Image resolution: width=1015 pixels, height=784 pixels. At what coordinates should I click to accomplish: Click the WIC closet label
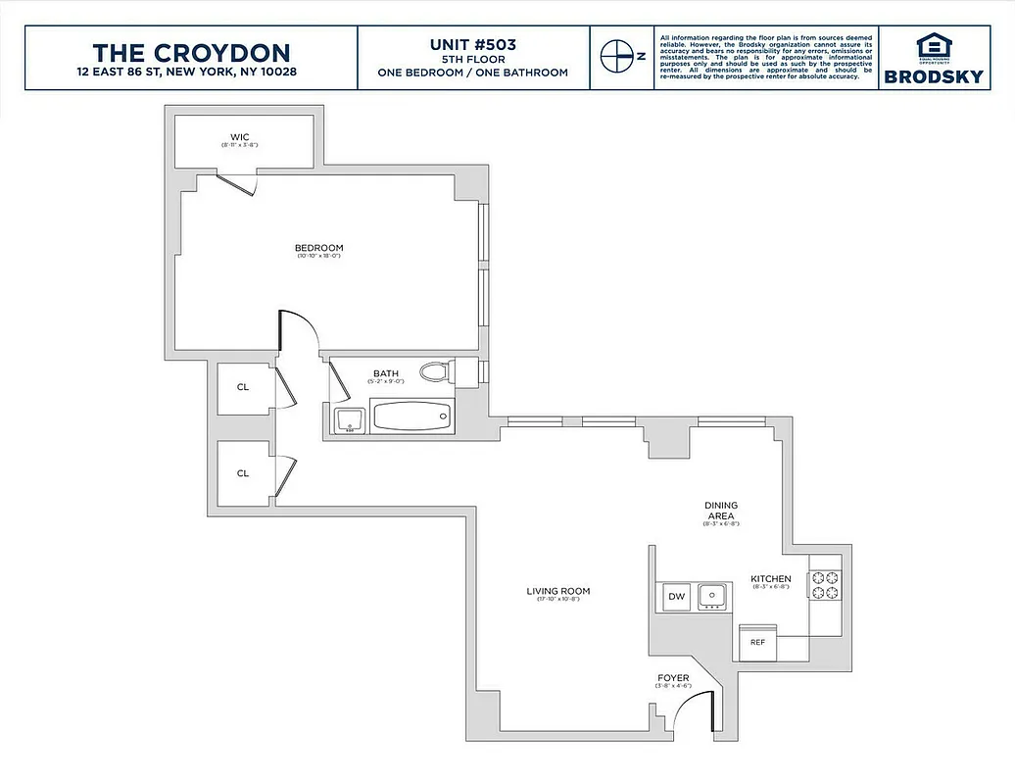pyautogui.click(x=240, y=136)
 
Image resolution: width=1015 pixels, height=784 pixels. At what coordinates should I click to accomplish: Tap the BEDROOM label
pyautogui.click(x=319, y=247)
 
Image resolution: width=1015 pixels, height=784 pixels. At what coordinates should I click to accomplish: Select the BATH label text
pyautogui.click(x=384, y=373)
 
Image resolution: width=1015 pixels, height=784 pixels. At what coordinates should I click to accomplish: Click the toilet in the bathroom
pyautogui.click(x=435, y=372)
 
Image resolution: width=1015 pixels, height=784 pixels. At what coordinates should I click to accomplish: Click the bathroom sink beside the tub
pyautogui.click(x=347, y=420)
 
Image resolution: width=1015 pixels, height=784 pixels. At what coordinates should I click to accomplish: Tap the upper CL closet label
pyautogui.click(x=243, y=387)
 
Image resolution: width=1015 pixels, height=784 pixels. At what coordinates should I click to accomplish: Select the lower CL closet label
pyautogui.click(x=243, y=473)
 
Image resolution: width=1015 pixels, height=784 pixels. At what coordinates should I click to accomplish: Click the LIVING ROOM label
pyautogui.click(x=557, y=591)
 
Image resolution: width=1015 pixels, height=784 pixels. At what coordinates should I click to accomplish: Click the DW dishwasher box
pyautogui.click(x=676, y=595)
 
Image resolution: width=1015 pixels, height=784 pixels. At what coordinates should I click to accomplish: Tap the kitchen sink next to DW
pyautogui.click(x=712, y=595)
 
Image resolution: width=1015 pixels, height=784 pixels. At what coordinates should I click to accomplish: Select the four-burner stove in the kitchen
pyautogui.click(x=825, y=585)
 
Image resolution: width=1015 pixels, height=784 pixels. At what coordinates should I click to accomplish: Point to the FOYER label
pyautogui.click(x=673, y=678)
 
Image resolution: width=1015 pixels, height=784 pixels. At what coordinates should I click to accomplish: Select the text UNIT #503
pyautogui.click(x=473, y=44)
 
